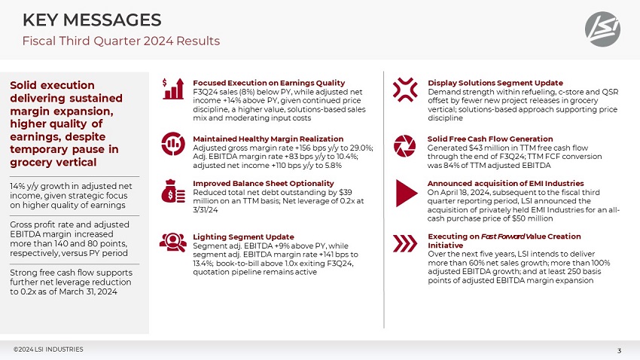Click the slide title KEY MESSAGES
[x=92, y=20]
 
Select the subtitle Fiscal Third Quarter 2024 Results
[x=121, y=41]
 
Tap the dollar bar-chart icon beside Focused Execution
[x=173, y=90]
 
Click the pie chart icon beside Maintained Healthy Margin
[x=173, y=142]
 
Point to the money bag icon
[x=173, y=191]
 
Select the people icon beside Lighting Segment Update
[x=173, y=242]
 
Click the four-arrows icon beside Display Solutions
[x=405, y=89]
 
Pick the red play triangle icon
[x=405, y=193]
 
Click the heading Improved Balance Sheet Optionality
[x=264, y=183]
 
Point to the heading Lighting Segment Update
[x=243, y=236]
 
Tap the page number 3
[x=619, y=350]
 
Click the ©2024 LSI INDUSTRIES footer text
[x=48, y=349]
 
